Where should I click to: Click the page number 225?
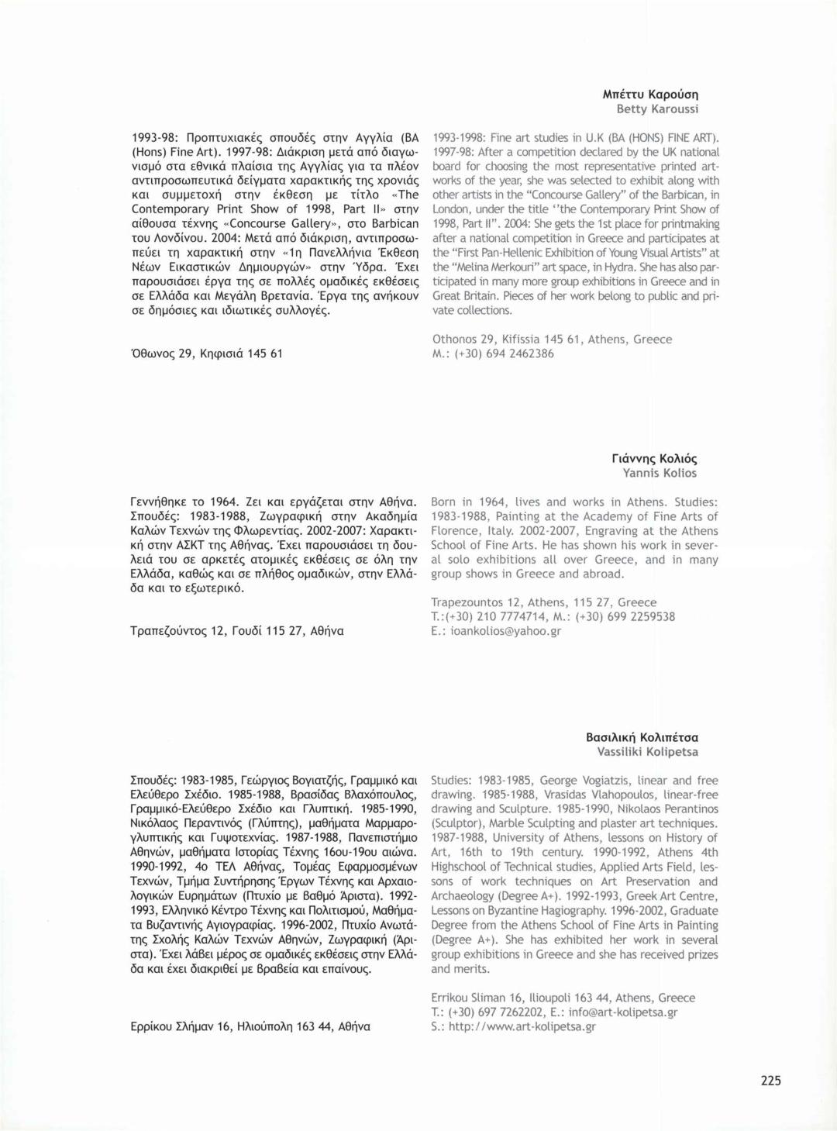[x=770, y=1081]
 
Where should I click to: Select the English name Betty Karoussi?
[x=657, y=109]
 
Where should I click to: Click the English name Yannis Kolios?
[x=660, y=473]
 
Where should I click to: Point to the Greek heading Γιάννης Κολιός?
[x=654, y=458]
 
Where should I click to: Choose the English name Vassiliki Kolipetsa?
[x=647, y=752]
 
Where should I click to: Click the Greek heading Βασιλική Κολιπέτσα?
[x=642, y=737]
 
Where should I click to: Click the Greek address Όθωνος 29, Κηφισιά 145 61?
[x=207, y=353]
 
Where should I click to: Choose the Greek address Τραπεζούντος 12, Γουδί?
[x=237, y=631]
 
